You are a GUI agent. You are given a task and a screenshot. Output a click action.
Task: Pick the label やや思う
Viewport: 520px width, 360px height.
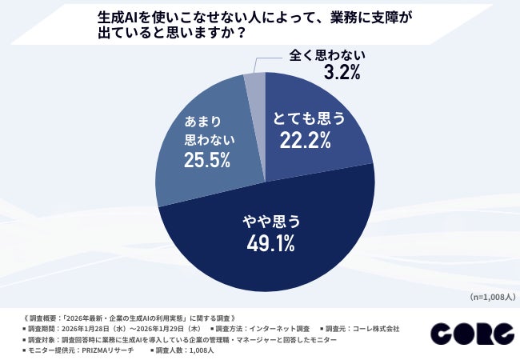(x=264, y=217)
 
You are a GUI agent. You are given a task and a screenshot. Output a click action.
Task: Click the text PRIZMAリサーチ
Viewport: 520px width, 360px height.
(x=112, y=350)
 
